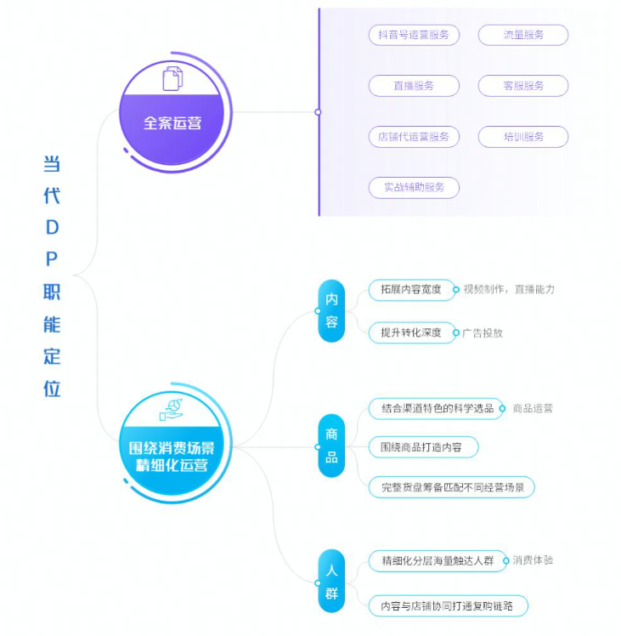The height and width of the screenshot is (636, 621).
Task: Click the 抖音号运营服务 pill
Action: [x=414, y=35]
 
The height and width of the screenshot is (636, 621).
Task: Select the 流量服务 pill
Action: [x=523, y=35]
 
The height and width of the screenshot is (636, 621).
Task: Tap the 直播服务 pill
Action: [x=414, y=86]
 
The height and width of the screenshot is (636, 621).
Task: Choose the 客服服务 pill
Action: [x=523, y=86]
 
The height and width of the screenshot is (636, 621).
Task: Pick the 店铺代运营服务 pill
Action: [x=414, y=137]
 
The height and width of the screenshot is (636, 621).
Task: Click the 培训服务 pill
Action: [x=523, y=137]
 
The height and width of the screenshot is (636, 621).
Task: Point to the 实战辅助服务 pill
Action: [x=414, y=187]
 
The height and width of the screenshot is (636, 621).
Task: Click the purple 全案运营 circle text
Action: [x=172, y=123]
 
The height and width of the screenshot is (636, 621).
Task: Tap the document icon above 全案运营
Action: [x=172, y=79]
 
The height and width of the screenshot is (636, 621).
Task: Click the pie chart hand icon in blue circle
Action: [x=171, y=410]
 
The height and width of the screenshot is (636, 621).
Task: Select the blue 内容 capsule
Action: [x=331, y=310]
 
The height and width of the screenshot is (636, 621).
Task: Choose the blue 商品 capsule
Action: [x=331, y=446]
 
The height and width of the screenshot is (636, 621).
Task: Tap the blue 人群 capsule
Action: [x=331, y=582]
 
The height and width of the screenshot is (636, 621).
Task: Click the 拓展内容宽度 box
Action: [x=411, y=290]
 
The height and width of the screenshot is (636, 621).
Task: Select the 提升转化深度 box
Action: [x=411, y=332]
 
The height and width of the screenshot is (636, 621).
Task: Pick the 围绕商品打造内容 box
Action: [x=423, y=447]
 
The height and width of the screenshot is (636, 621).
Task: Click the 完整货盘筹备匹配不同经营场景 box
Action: [x=452, y=486]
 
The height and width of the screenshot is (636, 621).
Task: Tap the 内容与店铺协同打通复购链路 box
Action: [x=449, y=606]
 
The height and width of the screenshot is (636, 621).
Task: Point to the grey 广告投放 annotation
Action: [x=483, y=333]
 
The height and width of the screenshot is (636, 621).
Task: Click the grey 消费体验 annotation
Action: [x=533, y=560]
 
